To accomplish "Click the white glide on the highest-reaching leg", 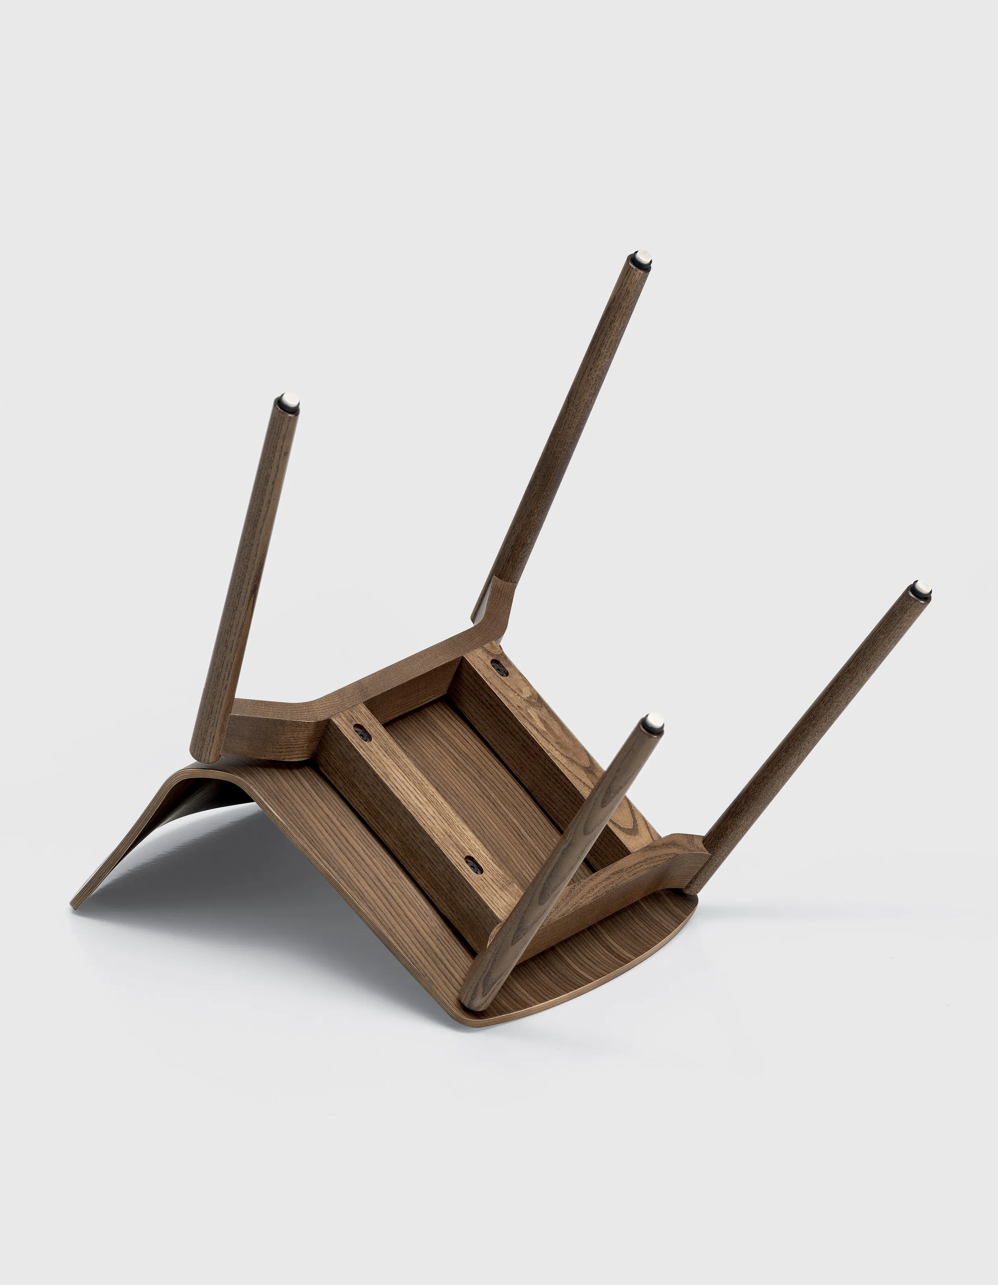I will pos(643,258).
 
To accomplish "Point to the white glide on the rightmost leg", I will pos(922,588).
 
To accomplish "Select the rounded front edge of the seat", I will pos(588,1000).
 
